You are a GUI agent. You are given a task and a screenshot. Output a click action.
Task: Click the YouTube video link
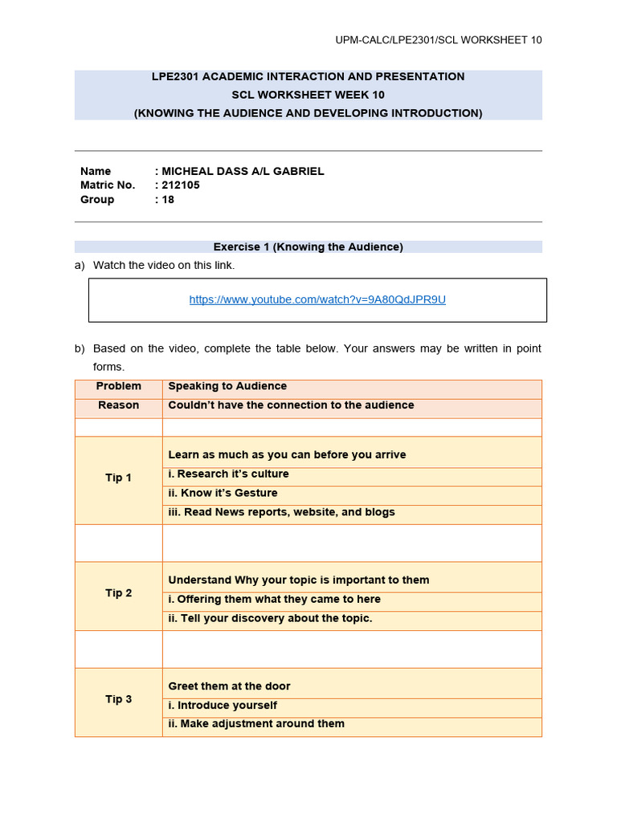[x=317, y=299]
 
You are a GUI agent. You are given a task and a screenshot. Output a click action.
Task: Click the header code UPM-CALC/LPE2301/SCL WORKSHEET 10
[x=438, y=40]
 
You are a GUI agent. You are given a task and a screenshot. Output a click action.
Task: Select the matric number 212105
[x=181, y=185]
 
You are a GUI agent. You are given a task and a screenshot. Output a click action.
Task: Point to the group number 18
[x=168, y=200]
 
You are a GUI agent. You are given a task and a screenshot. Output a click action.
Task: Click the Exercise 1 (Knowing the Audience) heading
[x=308, y=247]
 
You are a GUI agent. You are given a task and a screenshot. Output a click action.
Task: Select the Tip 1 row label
[x=118, y=478]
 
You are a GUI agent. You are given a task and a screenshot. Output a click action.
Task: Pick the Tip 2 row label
[x=118, y=593]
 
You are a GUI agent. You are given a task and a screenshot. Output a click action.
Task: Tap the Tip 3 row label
[x=118, y=699]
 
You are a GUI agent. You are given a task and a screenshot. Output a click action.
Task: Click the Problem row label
[x=118, y=386]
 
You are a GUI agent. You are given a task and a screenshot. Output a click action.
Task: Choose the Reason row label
[x=118, y=405]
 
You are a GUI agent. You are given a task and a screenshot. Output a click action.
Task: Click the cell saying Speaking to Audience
[x=227, y=386]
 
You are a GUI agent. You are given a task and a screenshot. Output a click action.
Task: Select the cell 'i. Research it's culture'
[x=228, y=474]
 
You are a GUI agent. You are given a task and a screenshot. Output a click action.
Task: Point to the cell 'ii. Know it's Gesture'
[x=223, y=493]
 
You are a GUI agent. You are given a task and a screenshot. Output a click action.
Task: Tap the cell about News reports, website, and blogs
[x=281, y=512]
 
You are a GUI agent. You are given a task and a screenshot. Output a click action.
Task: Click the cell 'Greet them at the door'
[x=229, y=686]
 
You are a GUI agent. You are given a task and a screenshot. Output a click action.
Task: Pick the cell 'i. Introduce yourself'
[x=223, y=705]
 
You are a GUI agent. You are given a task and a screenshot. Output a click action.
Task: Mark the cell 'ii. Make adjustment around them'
[x=256, y=724]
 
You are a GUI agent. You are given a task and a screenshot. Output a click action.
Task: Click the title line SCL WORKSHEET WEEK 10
[x=308, y=95]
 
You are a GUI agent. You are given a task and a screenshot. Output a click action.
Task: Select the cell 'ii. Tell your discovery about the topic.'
[x=270, y=618]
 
